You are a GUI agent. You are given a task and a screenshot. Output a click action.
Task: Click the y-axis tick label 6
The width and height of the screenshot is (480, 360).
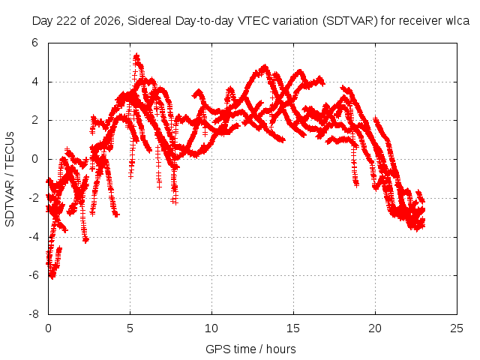(34, 43)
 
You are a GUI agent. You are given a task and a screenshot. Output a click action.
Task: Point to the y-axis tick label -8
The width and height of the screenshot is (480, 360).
(33, 314)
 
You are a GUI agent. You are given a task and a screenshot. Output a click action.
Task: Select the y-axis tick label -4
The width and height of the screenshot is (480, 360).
(33, 237)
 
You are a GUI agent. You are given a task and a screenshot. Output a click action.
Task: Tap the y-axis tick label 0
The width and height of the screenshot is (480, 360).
(34, 159)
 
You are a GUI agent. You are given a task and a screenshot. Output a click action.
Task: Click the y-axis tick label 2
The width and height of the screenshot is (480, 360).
(34, 120)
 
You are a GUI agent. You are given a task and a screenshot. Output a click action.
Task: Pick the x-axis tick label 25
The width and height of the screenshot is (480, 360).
(457, 328)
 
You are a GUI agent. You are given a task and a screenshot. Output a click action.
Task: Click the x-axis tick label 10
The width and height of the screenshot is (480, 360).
(211, 328)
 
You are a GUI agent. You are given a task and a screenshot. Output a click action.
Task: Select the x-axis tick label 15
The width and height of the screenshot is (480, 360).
(293, 328)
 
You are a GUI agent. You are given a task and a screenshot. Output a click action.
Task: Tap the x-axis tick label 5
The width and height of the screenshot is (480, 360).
(130, 328)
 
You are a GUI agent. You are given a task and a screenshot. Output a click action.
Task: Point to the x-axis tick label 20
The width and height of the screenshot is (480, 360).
(375, 328)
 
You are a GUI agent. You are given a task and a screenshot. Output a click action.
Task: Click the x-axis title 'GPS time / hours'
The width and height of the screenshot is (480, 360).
(250, 349)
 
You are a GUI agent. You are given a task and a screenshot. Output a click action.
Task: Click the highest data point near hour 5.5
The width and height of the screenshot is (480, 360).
(136, 55)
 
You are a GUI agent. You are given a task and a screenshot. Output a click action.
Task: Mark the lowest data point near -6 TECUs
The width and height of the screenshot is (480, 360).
(52, 277)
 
